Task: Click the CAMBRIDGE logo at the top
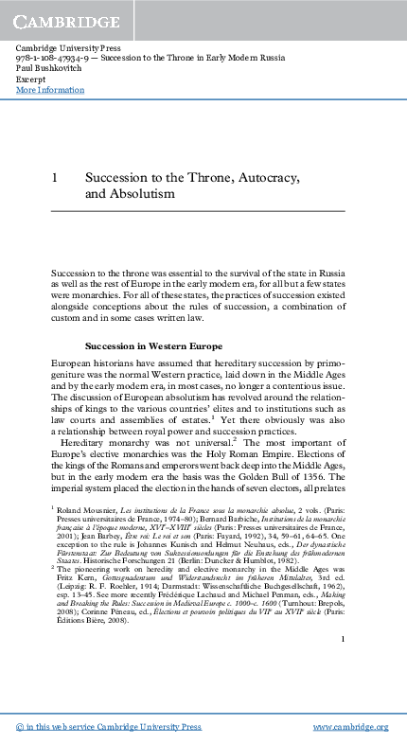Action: [60, 19]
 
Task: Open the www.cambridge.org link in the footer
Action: [350, 726]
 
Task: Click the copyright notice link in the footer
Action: [109, 726]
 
